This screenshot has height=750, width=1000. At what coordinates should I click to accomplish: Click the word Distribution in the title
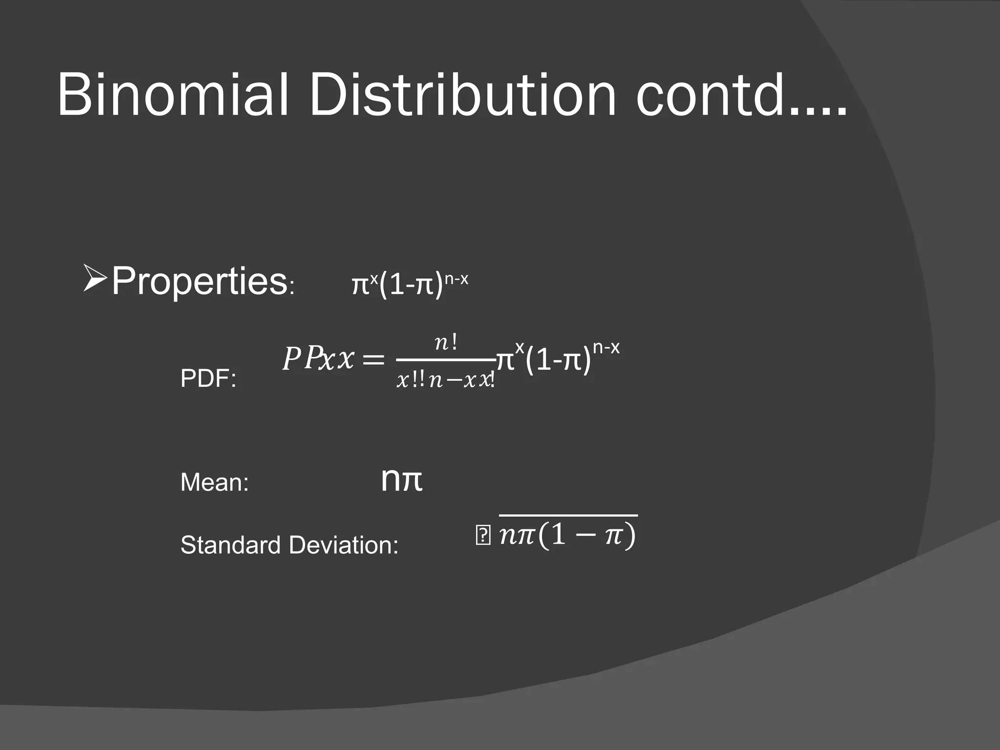point(462,95)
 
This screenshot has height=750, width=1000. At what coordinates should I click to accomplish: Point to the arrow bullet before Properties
point(94,279)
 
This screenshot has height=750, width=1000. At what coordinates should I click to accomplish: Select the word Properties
point(199,282)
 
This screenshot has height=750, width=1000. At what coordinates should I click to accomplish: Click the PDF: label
point(208,379)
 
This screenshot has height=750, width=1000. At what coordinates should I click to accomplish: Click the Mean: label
point(214,483)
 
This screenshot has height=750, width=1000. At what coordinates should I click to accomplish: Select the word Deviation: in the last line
point(344,545)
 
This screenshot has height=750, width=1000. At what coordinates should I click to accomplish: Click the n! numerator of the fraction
point(446,343)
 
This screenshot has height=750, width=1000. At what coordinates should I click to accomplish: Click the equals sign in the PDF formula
point(374,360)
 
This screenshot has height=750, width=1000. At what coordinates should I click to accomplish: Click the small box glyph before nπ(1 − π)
point(482,536)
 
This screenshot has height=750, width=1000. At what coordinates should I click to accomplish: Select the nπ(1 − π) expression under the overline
point(568,535)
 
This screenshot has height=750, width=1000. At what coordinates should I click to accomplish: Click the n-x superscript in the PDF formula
point(606,348)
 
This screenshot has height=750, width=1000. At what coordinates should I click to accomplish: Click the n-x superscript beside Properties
point(456,279)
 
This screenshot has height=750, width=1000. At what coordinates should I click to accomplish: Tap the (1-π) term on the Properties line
point(411,285)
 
